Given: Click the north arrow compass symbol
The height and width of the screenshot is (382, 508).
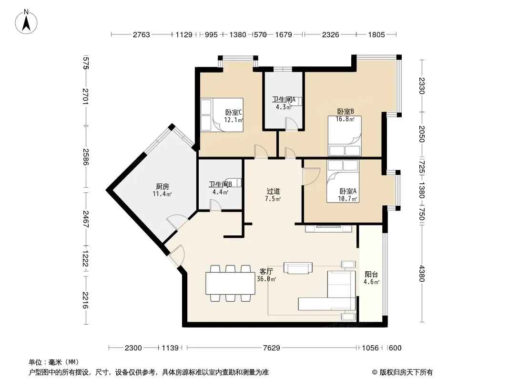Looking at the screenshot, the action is (x=26, y=22).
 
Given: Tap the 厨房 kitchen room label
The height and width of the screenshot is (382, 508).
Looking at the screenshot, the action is (x=163, y=187).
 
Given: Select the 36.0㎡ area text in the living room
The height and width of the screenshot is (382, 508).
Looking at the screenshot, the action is (x=266, y=279).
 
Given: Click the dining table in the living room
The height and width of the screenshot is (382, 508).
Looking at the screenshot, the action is (x=230, y=283).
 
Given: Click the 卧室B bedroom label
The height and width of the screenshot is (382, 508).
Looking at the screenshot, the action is (x=345, y=112).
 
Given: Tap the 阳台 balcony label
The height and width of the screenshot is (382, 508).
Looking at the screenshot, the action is (x=371, y=275).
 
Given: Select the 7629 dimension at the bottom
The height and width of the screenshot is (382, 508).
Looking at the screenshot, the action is (x=272, y=348).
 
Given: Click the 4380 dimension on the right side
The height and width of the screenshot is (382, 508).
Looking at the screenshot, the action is (x=421, y=274).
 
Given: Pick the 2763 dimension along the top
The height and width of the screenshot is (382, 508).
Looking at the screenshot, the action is (x=142, y=34).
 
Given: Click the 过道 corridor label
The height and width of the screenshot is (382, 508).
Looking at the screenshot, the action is (x=273, y=191).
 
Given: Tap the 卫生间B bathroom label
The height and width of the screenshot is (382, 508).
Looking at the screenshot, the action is (x=220, y=184).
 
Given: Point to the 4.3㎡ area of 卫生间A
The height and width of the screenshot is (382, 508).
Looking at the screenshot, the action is (x=284, y=107).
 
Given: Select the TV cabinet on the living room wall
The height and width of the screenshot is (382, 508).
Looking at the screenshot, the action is (x=328, y=229).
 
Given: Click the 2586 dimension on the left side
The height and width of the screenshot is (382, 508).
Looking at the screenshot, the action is (x=85, y=157).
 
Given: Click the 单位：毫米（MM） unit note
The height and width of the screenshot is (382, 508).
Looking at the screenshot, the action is (x=54, y=362).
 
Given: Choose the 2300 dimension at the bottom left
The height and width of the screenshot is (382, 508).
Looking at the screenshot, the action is (x=133, y=348).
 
